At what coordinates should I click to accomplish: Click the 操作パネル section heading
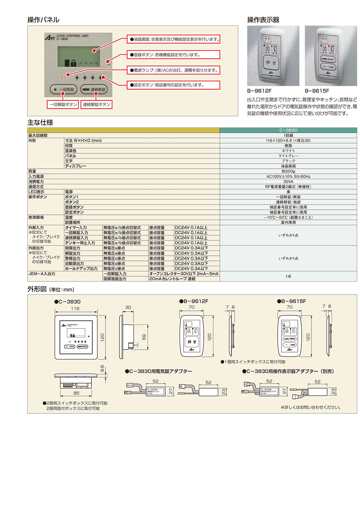[x=43, y=20]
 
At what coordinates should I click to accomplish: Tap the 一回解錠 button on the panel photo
[x=64, y=89]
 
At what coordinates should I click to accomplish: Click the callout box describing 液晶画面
[x=174, y=39]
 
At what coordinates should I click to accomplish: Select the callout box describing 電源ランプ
[x=174, y=70]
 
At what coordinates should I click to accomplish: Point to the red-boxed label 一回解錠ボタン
[x=63, y=105]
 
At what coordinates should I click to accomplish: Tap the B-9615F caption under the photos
[x=317, y=91]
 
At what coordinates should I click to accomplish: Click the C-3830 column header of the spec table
[x=288, y=130]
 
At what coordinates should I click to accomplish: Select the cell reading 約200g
[x=288, y=171]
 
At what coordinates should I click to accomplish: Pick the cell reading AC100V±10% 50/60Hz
[x=288, y=177]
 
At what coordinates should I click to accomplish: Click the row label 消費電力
[x=36, y=182]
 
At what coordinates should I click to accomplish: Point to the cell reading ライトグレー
[x=288, y=156]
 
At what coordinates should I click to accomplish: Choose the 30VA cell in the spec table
[x=288, y=182]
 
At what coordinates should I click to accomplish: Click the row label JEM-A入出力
[x=42, y=274]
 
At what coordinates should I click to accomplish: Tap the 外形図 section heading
[x=37, y=289]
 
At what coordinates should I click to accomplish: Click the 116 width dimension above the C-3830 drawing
[x=75, y=309]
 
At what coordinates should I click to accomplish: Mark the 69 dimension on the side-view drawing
[x=144, y=337]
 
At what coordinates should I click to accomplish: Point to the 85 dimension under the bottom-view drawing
[x=76, y=393]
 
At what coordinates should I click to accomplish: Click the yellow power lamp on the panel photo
[x=64, y=77]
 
